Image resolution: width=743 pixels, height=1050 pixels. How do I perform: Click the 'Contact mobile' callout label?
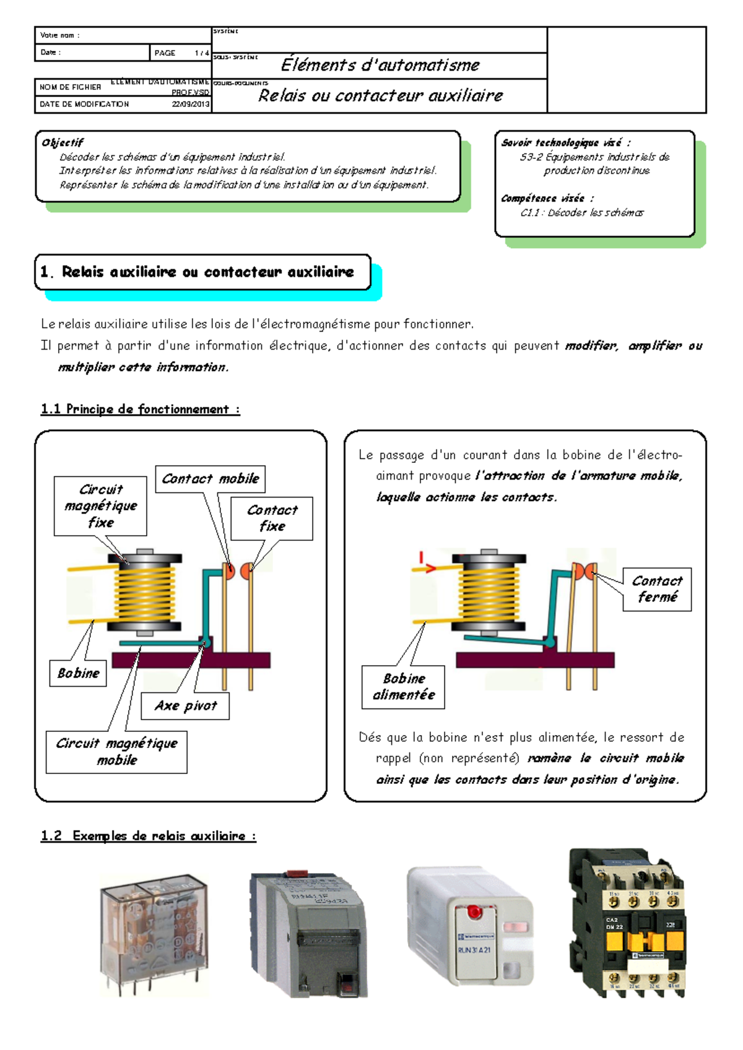(210, 479)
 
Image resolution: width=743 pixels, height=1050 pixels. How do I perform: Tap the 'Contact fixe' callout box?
(272, 519)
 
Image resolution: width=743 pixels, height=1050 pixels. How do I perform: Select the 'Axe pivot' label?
(185, 706)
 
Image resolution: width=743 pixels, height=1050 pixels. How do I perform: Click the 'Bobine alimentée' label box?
(403, 687)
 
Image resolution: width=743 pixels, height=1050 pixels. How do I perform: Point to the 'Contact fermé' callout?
(656, 589)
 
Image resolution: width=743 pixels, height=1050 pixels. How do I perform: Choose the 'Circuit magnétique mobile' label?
(116, 752)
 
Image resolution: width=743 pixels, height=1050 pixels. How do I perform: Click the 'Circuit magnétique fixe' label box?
(100, 506)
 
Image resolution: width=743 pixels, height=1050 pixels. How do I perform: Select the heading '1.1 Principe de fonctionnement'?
(140, 409)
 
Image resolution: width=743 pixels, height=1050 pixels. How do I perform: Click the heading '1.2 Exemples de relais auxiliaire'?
(148, 836)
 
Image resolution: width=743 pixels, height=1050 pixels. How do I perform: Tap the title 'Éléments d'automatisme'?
(380, 65)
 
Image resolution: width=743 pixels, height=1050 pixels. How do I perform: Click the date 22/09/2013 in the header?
(191, 104)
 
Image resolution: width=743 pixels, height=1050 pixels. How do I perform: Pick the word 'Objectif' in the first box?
(62, 142)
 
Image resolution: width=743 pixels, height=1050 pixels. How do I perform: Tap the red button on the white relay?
(474, 911)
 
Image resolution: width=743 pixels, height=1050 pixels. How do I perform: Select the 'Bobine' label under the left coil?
(78, 673)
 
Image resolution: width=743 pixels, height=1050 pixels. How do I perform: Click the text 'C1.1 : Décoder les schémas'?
(581, 213)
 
